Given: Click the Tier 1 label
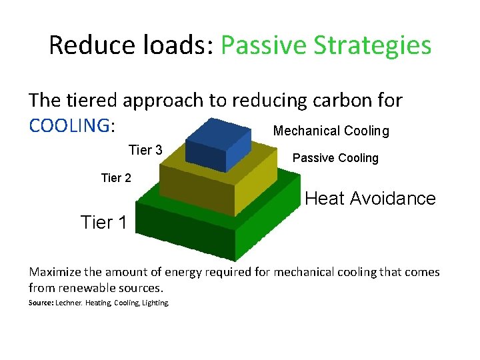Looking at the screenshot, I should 103,222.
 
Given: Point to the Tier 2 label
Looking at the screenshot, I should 116,178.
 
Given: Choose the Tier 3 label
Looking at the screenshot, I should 145,150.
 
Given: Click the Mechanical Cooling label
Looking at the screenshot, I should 331,131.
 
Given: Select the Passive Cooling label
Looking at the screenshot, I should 335,158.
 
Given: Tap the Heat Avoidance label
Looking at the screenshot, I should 370,198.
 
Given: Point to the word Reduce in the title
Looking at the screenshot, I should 88,45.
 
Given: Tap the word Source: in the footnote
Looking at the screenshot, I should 42,303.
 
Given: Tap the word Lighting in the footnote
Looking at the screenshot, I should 156,303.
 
